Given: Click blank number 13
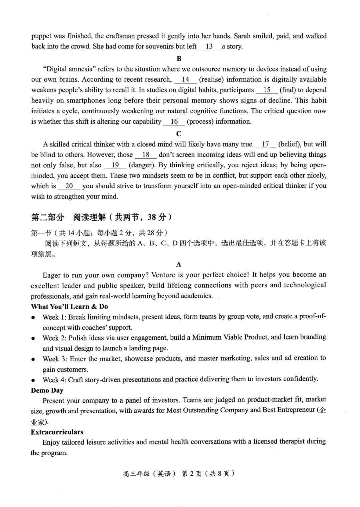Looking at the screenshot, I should click(209, 47).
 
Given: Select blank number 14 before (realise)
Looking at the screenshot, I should click(185, 80).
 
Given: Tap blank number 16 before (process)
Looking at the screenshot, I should click(174, 122).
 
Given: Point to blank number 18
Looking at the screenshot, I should click(146, 155).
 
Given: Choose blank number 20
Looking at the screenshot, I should click(69, 186).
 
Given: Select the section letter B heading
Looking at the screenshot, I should click(179, 59).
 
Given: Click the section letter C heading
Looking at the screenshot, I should click(179, 134).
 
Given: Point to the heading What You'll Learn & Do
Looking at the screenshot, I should click(69, 307).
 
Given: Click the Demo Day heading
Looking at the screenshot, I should click(47, 390).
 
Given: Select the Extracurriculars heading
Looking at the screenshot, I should click(57, 432).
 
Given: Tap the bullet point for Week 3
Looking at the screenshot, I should click(33, 359).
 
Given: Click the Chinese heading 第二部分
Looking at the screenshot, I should click(48, 218).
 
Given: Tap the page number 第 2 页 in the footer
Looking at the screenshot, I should click(192, 474).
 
